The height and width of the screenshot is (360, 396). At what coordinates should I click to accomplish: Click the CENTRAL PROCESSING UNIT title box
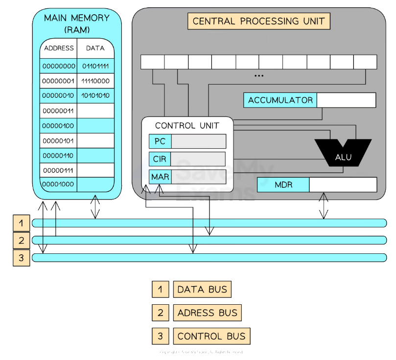259,21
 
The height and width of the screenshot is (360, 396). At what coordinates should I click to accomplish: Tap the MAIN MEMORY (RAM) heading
77,23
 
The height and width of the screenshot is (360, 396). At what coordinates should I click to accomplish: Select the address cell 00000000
59,66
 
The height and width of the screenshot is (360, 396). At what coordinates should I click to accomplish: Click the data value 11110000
95,81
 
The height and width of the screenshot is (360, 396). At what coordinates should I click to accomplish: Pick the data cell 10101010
95,96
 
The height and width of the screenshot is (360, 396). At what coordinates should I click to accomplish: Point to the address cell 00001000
59,184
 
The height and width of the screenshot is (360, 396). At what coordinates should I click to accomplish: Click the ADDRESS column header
59,48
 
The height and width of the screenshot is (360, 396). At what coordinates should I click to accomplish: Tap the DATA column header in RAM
95,48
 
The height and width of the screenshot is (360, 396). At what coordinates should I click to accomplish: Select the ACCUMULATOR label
280,100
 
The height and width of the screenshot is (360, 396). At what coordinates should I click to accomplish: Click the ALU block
343,157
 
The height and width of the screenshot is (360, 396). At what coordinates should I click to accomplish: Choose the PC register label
160,142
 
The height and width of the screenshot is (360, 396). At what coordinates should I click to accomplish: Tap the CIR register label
160,159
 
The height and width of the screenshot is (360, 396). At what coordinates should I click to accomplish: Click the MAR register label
160,177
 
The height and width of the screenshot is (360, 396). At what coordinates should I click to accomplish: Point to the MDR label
283,185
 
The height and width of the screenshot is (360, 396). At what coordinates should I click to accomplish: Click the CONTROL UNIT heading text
187,126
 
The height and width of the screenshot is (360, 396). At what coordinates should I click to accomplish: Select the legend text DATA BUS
202,290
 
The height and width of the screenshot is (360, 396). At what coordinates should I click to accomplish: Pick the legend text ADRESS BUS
207,313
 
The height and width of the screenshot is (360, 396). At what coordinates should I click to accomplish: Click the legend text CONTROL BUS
211,337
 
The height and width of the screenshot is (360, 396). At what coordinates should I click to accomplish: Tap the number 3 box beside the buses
22,257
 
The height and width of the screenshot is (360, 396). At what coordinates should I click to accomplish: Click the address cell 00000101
59,140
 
